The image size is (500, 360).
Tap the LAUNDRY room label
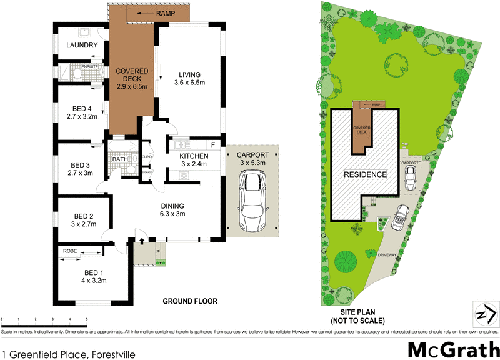click(82, 46)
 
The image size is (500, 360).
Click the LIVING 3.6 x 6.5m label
click(189, 78)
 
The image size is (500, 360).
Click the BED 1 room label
click(95, 276)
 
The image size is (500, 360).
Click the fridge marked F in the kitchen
click(212, 144)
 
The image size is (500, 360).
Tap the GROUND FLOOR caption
click(190, 301)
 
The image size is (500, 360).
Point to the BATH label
click(120, 159)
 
